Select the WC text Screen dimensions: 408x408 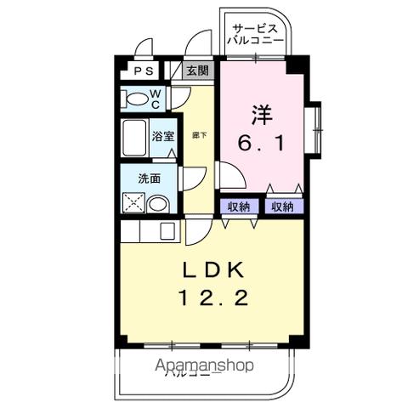(x=156, y=99)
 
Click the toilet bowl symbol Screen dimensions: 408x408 (x=136, y=99)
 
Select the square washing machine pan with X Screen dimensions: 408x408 (x=133, y=204)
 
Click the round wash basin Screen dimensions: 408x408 (x=157, y=205)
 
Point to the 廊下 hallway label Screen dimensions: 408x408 (x=196, y=134)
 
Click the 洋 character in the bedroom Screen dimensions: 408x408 (x=260, y=113)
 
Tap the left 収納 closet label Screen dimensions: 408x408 (x=239, y=206)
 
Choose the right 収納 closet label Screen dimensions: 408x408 (x=282, y=206)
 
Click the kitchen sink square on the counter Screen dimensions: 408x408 (x=167, y=230)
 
